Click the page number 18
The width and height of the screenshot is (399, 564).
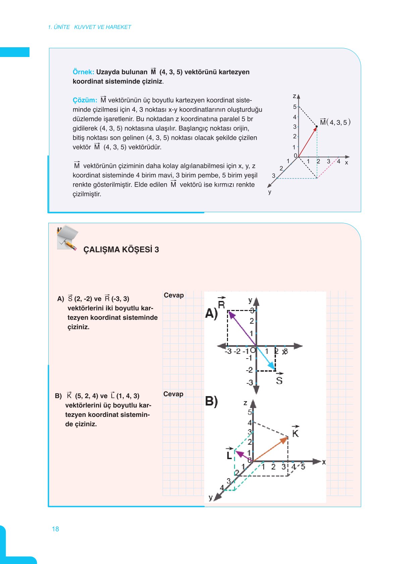pos(55,529)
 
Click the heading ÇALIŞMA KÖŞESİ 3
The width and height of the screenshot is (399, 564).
pos(121,250)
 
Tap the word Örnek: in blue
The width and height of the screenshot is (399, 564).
pos(83,72)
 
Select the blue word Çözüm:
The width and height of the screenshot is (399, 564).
pos(85,100)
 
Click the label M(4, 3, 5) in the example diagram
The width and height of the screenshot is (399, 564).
pos(335,122)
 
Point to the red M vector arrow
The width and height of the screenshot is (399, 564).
pos(307,142)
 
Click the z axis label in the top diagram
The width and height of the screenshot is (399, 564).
pos(294,96)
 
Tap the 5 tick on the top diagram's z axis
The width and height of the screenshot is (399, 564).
pos(295,107)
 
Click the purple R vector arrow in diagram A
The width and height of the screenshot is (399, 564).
pos(242,328)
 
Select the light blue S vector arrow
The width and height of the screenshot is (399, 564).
pos(266,358)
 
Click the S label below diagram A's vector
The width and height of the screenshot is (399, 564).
pos(279,380)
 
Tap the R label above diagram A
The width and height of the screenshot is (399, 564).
pos(221,304)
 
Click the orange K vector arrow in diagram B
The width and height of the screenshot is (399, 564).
pos(270,449)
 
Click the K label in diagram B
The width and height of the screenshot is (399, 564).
pos(295,433)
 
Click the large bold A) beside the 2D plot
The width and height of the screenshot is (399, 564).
pos(211,314)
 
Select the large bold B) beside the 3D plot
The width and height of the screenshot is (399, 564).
pos(211,401)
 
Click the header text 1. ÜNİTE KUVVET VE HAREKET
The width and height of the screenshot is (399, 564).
pos(90,27)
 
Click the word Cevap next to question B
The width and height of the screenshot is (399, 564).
pos(173,394)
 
